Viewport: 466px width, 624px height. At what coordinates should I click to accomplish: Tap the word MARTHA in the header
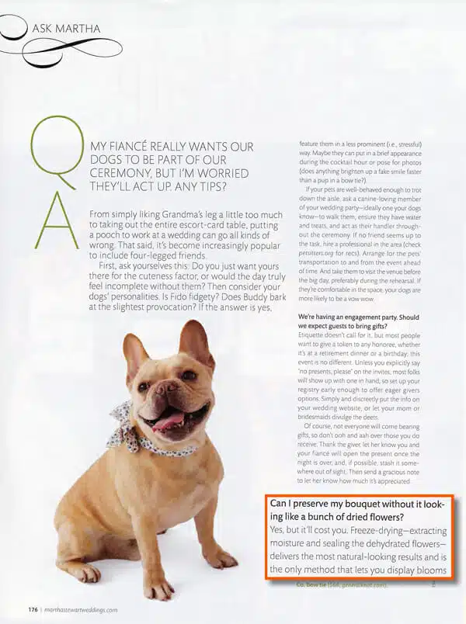point(78,29)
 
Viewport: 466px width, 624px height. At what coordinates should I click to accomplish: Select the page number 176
point(33,609)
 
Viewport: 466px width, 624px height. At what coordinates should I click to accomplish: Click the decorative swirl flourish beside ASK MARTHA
point(35,47)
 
